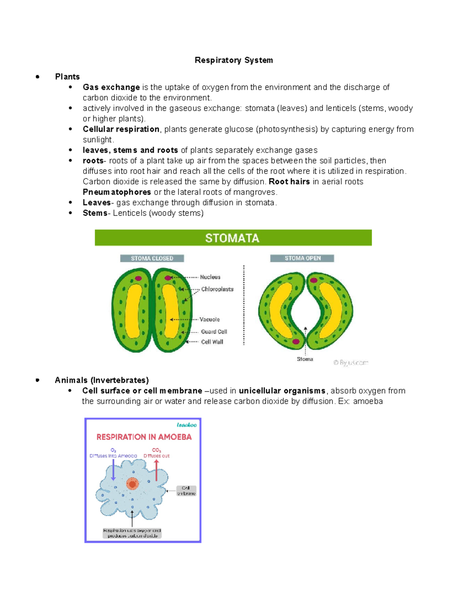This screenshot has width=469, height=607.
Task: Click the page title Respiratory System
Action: (x=234, y=60)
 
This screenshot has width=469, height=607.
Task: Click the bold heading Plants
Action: (x=67, y=77)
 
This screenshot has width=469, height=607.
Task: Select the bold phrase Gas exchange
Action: (x=111, y=87)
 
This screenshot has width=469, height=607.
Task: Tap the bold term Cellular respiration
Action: (x=121, y=129)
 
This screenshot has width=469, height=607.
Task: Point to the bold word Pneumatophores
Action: (x=116, y=192)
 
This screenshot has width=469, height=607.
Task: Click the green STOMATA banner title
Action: (x=233, y=238)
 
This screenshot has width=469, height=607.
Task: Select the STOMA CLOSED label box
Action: (x=152, y=258)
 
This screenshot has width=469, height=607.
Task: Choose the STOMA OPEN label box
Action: (x=302, y=258)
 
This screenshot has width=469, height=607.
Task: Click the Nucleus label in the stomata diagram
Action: (x=210, y=277)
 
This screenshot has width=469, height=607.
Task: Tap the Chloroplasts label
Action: (x=217, y=289)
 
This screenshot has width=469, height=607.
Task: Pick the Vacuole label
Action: (x=209, y=319)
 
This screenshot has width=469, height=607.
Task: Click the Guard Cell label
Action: (x=214, y=331)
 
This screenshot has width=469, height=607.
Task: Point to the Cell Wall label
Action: (x=212, y=342)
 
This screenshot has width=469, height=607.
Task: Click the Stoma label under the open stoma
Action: (x=305, y=359)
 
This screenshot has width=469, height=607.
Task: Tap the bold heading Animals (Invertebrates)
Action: (x=102, y=380)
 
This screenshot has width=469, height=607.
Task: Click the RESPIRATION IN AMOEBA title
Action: (x=144, y=437)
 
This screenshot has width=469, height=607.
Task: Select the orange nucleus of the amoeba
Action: (x=132, y=484)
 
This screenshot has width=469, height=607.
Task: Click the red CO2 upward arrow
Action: (x=156, y=470)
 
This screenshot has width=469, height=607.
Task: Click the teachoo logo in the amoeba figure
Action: (x=186, y=425)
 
